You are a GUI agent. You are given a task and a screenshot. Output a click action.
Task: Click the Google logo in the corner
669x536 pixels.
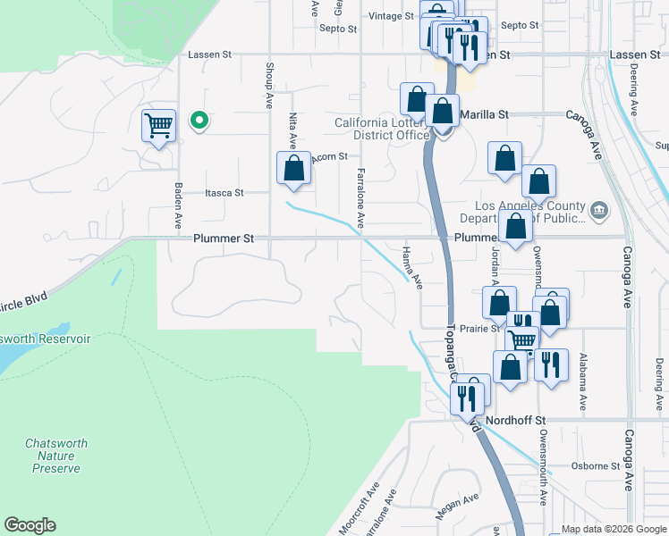coord(30,525)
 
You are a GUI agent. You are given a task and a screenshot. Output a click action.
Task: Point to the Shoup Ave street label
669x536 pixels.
coord(268,86)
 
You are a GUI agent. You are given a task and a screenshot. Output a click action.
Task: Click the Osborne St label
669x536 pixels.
coord(597,466)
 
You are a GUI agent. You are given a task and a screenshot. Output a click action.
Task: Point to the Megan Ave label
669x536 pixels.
coord(457,507)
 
